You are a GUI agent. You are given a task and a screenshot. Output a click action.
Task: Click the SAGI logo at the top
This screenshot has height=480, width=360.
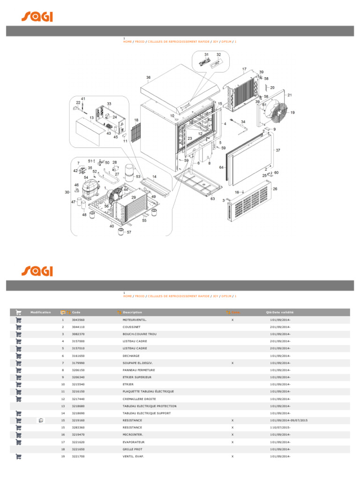37,16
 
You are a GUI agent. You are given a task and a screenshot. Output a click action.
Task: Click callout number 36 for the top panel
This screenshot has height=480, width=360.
148,77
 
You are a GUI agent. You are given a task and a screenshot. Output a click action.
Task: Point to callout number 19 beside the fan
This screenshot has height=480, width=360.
292,112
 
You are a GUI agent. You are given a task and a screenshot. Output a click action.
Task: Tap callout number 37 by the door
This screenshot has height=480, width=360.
278,150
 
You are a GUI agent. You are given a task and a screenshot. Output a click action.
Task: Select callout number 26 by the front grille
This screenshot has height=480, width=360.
275,189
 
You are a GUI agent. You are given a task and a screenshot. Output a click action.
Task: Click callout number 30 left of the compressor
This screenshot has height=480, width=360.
67,192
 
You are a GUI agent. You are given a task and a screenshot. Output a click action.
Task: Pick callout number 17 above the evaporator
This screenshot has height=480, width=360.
244,69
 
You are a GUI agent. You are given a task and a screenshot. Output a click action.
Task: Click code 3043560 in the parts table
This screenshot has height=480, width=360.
78,320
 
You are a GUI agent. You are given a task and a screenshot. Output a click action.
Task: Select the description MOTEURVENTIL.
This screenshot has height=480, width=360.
135,320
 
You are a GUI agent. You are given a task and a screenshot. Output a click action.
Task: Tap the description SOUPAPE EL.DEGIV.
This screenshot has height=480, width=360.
137,363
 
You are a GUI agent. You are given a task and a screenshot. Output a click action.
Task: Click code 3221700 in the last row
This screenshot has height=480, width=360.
78,456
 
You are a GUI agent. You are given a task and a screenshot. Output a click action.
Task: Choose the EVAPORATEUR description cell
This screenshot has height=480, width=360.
134,442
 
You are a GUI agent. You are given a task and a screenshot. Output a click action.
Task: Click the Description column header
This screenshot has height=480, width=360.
132,312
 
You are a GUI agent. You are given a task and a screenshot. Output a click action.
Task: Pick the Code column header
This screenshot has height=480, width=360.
76,312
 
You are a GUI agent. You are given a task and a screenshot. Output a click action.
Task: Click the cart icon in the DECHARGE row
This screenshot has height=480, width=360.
19,356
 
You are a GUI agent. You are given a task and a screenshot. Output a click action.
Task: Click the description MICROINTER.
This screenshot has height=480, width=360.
133,435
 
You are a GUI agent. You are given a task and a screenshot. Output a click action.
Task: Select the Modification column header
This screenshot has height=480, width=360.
41,312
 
